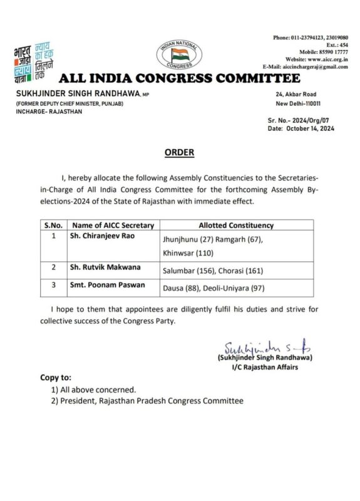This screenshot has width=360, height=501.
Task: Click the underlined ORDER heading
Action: click(x=179, y=153)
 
